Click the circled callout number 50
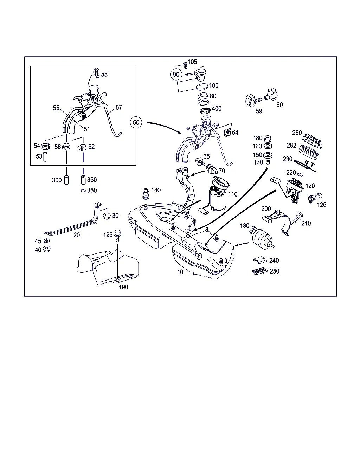(136, 122)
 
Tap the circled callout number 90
(176, 74)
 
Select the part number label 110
(233, 194)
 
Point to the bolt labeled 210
(296, 218)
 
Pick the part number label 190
(123, 287)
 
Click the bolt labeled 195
(117, 234)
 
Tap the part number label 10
(180, 272)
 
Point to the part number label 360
(92, 190)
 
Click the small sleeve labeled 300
(66, 180)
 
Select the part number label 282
(291, 145)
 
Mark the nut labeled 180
(267, 139)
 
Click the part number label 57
(119, 107)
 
